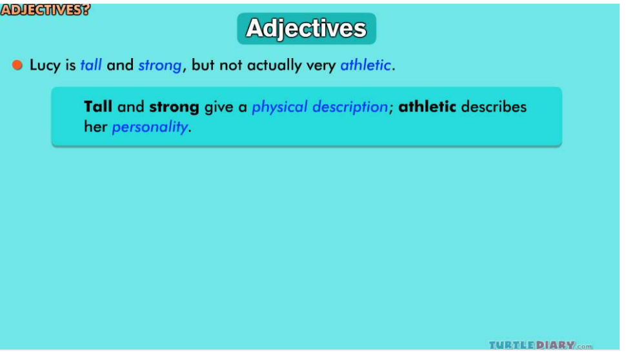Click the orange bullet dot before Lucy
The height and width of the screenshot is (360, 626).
(17, 65)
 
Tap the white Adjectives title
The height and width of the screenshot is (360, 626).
(306, 29)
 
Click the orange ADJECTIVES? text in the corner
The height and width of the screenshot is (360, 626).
(45, 10)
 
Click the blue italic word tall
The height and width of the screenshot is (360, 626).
(91, 65)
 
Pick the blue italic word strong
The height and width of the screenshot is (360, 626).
(159, 65)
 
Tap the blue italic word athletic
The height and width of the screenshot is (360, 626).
(365, 65)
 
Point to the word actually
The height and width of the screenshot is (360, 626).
(274, 65)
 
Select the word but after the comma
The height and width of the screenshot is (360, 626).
(203, 65)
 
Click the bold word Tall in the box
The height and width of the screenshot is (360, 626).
(98, 106)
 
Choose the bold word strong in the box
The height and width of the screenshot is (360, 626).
(174, 108)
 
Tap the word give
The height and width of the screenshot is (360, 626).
(219, 107)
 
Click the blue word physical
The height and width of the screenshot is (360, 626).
(279, 107)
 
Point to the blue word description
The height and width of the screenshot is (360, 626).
(350, 107)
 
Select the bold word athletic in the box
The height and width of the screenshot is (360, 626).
(427, 106)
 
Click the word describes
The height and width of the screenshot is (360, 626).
(494, 106)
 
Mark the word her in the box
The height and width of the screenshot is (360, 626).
(96, 127)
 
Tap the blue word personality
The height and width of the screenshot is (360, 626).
(150, 127)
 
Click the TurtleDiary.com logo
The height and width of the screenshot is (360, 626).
(541, 345)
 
